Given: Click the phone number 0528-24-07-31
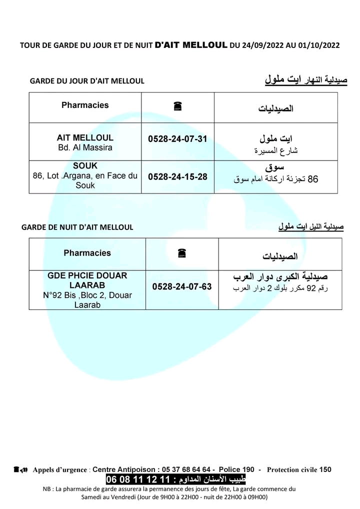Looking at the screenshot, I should pyautogui.click(x=177, y=138).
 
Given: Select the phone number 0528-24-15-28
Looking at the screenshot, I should pyautogui.click(x=177, y=176).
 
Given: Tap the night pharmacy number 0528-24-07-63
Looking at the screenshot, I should pyautogui.click(x=182, y=286).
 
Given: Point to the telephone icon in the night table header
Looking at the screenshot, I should pyautogui.click(x=182, y=253).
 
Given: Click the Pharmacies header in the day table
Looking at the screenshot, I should pyautogui.click(x=85, y=105).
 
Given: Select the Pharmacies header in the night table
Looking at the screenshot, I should pyautogui.click(x=87, y=253).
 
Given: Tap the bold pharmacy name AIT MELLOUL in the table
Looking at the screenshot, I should pyautogui.click(x=85, y=137).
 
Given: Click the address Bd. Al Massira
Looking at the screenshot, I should pyautogui.click(x=85, y=148).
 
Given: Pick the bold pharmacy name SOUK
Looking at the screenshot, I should pyautogui.click(x=85, y=165).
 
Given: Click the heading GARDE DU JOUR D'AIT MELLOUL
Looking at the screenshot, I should pyautogui.click(x=87, y=81).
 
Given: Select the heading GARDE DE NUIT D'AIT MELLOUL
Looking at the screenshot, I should pyautogui.click(x=77, y=227).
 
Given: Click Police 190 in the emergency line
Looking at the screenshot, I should pyautogui.click(x=237, y=469).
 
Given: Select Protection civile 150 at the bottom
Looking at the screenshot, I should pyautogui.click(x=299, y=469).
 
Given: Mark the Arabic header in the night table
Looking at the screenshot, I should pyautogui.click(x=280, y=256).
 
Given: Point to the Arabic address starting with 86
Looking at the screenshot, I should pyautogui.click(x=276, y=178).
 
